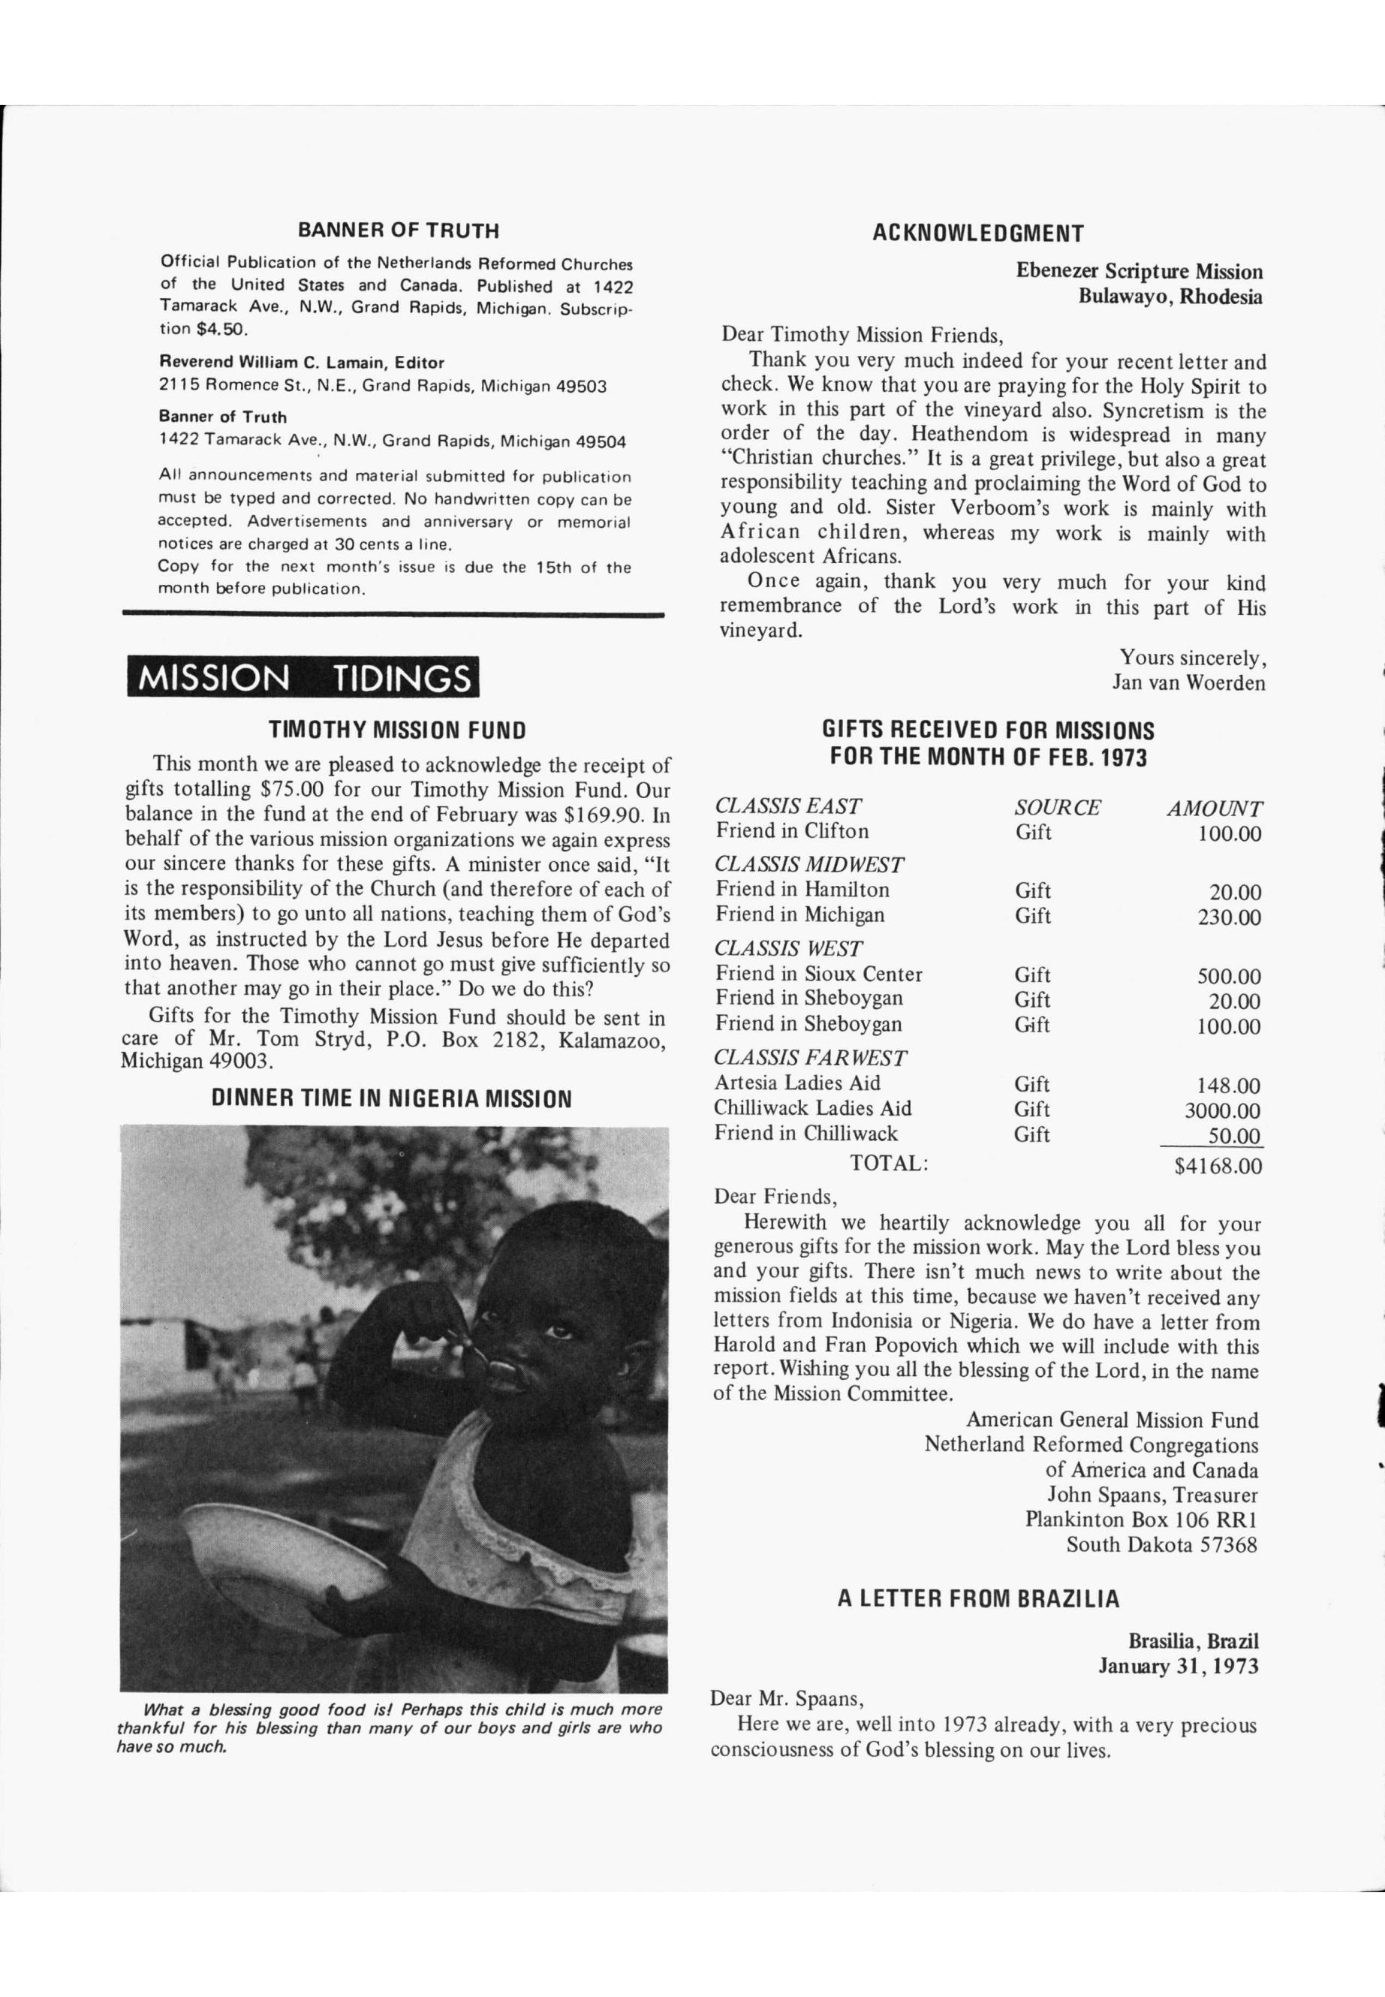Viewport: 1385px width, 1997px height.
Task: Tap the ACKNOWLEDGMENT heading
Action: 977,233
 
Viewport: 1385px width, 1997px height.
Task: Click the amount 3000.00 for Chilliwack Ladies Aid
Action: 1222,1111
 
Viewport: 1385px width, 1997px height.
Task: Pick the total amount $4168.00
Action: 1218,1166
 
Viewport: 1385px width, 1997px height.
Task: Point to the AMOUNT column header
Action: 1214,809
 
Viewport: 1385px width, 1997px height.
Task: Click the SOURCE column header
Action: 1057,807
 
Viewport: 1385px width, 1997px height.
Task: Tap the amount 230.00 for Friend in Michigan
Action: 1229,917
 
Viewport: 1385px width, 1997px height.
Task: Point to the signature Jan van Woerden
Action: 1188,683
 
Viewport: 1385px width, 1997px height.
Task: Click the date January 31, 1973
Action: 1179,1665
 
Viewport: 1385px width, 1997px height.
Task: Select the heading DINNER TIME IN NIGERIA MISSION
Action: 391,1099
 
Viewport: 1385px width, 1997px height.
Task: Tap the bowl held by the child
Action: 278,1545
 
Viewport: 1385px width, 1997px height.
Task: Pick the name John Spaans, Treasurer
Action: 1152,1495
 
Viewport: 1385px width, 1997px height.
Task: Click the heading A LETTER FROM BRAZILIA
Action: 978,1598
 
